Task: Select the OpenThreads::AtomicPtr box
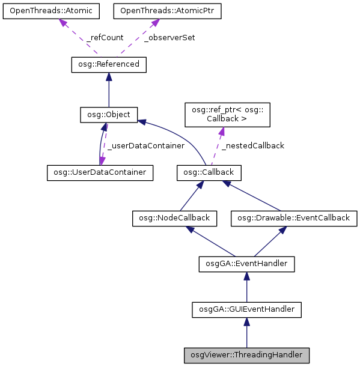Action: coord(154,11)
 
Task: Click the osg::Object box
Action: coord(109,114)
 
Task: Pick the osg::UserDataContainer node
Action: coord(100,173)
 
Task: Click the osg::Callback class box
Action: coord(209,173)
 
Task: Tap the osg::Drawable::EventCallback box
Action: coord(294,218)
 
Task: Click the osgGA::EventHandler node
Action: coord(246,262)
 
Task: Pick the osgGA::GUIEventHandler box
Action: coord(246,309)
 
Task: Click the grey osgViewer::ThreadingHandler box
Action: coord(246,355)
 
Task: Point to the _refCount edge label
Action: coord(105,37)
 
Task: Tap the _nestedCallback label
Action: coord(252,145)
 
